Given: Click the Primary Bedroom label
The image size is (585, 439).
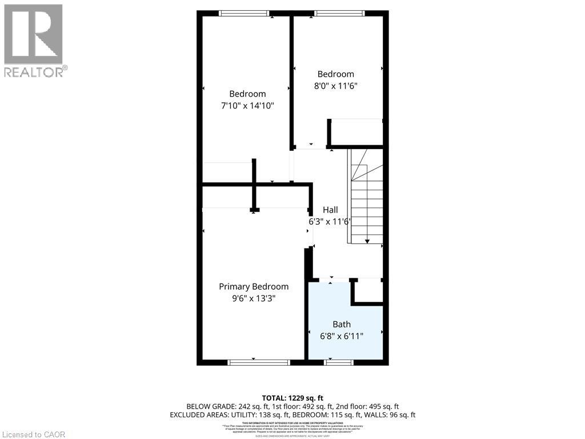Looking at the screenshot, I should [x=254, y=286].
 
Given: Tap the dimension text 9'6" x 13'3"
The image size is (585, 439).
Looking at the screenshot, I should [x=254, y=298].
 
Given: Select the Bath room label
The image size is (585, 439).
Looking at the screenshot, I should [x=342, y=324].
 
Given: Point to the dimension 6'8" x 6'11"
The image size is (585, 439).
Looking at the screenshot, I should [x=342, y=336].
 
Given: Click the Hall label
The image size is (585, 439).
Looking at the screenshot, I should [x=330, y=210].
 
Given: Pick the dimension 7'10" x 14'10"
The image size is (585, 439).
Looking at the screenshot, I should [x=247, y=106].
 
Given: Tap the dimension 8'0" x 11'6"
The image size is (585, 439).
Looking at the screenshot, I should [x=336, y=86].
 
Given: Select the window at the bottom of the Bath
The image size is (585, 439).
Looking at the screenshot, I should [x=339, y=362].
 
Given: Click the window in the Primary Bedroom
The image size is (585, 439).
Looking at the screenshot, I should [x=259, y=362].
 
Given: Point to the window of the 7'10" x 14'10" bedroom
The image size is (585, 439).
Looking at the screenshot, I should [x=245, y=13].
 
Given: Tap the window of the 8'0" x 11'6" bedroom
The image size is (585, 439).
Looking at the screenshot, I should [x=339, y=13].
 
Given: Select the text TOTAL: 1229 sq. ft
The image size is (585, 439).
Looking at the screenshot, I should [x=292, y=398].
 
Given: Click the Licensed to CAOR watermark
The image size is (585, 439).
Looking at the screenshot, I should [x=33, y=434].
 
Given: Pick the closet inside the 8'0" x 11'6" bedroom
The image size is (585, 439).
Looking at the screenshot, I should [x=356, y=132].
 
